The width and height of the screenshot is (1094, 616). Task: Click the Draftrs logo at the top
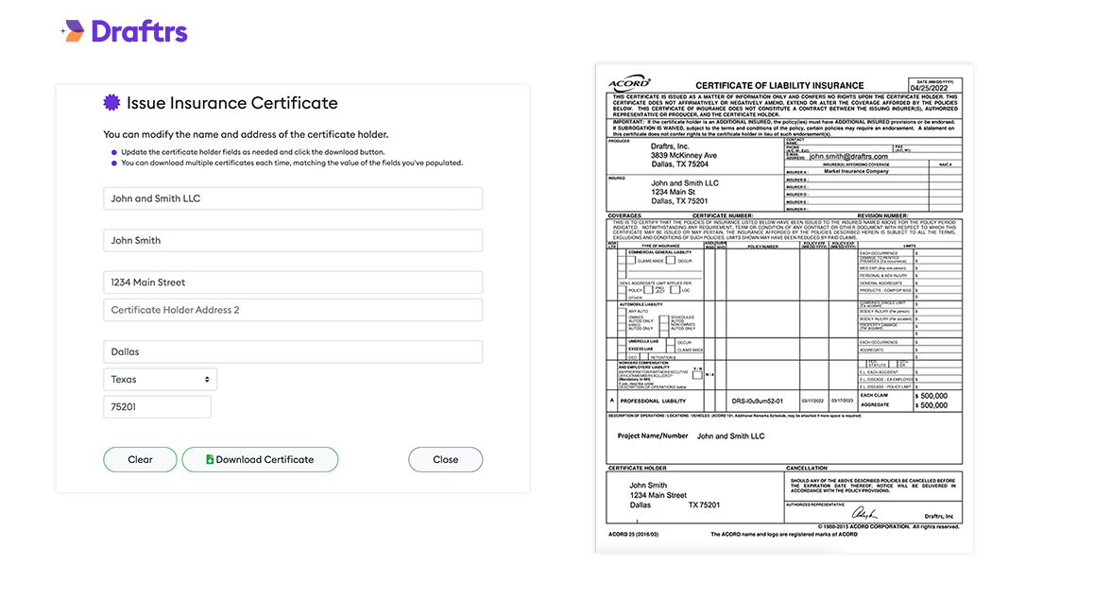point(124,31)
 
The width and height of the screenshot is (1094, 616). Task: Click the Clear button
point(140,459)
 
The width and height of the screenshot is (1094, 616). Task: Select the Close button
point(445,459)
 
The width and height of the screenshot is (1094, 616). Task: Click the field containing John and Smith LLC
point(293,198)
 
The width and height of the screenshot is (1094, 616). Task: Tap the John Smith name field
point(293,240)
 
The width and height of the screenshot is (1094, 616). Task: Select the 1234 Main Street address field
point(293,282)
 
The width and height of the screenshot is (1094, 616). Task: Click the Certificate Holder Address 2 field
point(293,310)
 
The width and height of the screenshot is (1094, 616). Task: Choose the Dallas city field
point(293,351)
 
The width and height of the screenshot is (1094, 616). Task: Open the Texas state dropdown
point(160,380)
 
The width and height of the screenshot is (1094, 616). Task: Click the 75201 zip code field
point(157,407)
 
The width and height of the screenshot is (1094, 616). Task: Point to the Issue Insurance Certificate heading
point(231,103)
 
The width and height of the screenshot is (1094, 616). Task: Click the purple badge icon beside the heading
point(111,103)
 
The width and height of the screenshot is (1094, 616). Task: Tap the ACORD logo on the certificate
point(628,82)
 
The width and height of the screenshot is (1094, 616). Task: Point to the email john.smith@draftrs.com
point(848,156)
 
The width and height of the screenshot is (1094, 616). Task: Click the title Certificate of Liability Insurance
point(766,86)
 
